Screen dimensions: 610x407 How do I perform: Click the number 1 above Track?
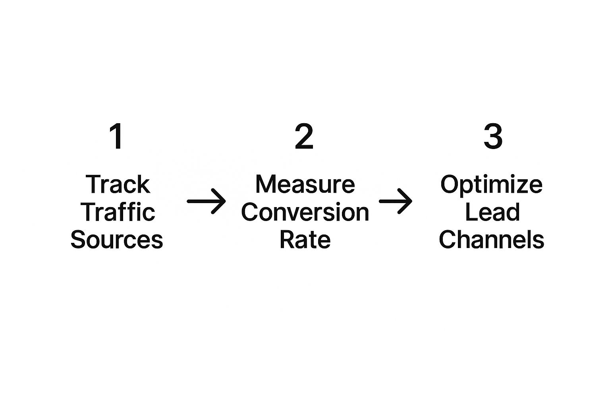116,136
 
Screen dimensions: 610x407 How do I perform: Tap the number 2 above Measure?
304,136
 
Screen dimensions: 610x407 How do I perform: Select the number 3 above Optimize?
493,136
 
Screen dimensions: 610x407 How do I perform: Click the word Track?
118,184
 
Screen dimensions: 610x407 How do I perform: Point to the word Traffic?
118,212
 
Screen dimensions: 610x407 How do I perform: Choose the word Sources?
117,240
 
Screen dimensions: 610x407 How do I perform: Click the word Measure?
305,184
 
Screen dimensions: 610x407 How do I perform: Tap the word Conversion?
305,212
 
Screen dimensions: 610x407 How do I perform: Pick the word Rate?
305,240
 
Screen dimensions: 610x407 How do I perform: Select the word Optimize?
492,185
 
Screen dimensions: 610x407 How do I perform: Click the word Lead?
492,212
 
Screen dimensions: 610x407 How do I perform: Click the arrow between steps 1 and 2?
206,201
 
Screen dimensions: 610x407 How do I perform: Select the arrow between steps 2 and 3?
396,201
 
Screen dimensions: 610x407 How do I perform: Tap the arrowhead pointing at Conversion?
220,201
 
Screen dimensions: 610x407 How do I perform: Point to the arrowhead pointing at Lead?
406,201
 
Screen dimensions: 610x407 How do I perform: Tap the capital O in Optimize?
450,184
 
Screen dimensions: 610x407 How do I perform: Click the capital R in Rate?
287,240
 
